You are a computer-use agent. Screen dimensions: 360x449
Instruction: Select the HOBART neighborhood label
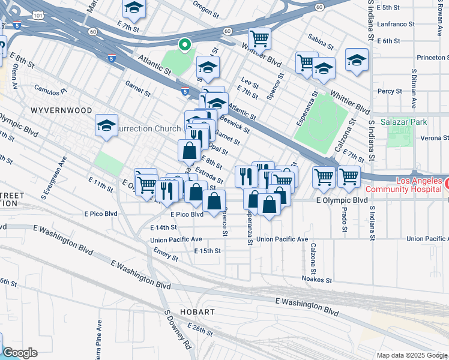197,313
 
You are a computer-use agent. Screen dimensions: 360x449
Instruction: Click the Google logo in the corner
20,353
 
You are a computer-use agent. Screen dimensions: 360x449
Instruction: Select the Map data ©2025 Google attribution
412,355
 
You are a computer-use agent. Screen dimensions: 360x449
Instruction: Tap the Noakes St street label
318,280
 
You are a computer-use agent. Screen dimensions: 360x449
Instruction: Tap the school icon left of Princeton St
357,60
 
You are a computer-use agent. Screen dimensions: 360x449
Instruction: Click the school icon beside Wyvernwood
106,126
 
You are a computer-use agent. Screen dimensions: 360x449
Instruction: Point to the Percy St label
390,91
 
